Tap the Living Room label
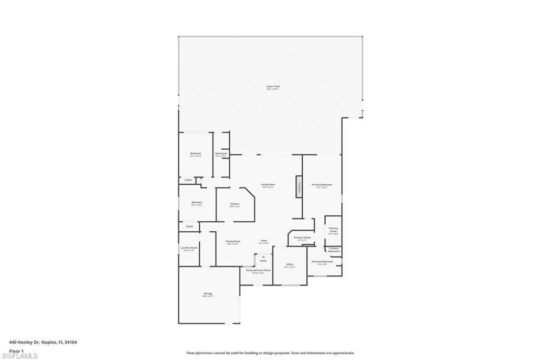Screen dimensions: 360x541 tap(268, 184)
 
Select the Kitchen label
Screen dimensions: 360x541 tap(235, 204)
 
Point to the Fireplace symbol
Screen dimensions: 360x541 tap(299, 186)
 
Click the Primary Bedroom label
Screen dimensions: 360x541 tap(322, 184)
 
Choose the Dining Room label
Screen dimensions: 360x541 tap(233, 241)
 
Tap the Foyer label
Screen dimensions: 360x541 tap(264, 241)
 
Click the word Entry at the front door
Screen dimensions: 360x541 tap(263, 261)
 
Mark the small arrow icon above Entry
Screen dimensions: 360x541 tap(263, 256)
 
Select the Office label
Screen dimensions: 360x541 tap(290, 264)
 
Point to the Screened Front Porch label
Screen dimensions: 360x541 tap(258, 270)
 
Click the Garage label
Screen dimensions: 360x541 tap(208, 293)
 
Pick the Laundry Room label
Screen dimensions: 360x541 tap(189, 248)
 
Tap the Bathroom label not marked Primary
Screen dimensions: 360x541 tap(221, 153)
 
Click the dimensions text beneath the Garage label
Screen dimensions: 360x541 tap(208, 296)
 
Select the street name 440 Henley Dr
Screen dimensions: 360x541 tap(26, 342)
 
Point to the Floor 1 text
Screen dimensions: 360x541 tap(16, 350)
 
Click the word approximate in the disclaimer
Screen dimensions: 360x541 tap(342, 353)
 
